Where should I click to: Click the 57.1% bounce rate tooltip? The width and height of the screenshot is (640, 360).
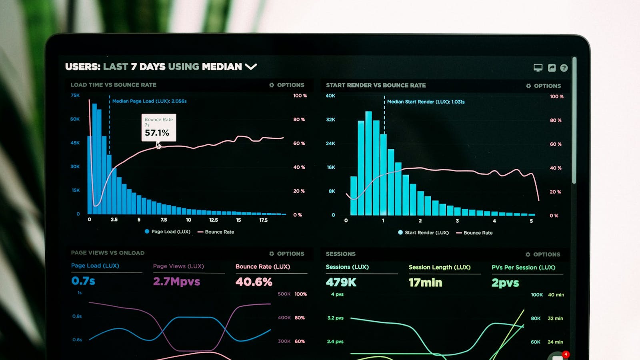click(159, 128)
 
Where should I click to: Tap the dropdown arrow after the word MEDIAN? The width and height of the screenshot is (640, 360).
click(251, 66)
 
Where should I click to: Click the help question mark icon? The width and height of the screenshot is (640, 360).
click(564, 68)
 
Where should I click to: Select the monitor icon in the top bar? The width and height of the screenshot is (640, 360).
click(538, 68)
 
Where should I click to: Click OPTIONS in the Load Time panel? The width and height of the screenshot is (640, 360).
click(287, 85)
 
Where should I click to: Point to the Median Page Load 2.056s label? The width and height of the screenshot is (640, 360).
click(149, 101)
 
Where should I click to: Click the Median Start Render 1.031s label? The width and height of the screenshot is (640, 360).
click(426, 102)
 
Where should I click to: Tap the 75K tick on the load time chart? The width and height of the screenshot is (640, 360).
click(75, 95)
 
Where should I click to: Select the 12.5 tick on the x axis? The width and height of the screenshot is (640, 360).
click(214, 220)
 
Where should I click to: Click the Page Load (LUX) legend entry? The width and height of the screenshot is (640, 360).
click(168, 232)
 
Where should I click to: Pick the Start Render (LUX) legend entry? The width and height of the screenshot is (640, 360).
click(424, 232)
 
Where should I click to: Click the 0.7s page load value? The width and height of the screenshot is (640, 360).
click(83, 281)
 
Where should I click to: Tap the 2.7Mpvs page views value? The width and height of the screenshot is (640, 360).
click(176, 282)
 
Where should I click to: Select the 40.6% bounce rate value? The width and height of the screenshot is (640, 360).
click(254, 282)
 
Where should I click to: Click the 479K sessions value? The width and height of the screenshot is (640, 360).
click(341, 282)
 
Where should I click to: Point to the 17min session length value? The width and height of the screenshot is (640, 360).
click(425, 283)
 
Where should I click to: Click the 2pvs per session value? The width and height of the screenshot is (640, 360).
click(505, 283)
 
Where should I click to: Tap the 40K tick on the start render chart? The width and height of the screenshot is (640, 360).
click(330, 96)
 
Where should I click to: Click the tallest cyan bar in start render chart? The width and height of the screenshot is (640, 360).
click(368, 164)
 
